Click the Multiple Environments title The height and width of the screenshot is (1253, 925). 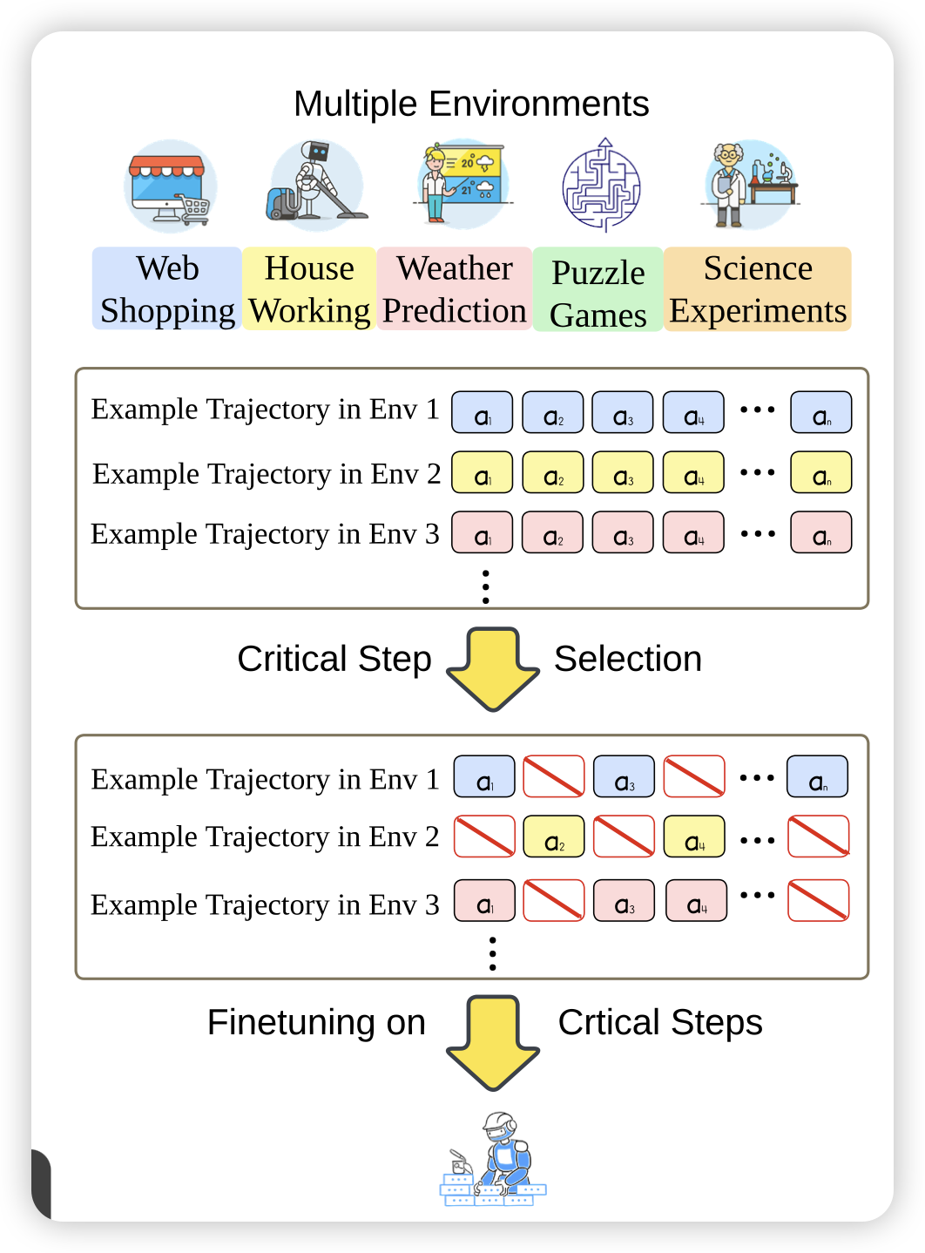point(471,104)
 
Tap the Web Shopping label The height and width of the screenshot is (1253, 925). point(167,289)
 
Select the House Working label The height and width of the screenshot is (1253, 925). point(309,289)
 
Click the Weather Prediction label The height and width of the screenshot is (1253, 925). point(454,289)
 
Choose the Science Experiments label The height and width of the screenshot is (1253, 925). point(758,289)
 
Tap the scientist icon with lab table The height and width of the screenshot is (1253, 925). point(749,186)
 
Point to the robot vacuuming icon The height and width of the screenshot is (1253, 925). point(315,184)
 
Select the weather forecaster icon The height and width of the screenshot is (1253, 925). point(460,184)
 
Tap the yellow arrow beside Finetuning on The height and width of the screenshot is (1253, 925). point(493,1042)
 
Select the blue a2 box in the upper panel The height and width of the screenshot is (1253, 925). point(552,413)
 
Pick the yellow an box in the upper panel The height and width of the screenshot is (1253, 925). point(820,473)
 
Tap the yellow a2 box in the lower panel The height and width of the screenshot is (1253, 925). point(554,837)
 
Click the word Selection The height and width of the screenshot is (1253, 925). point(628,659)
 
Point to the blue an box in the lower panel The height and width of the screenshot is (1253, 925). point(817,777)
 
